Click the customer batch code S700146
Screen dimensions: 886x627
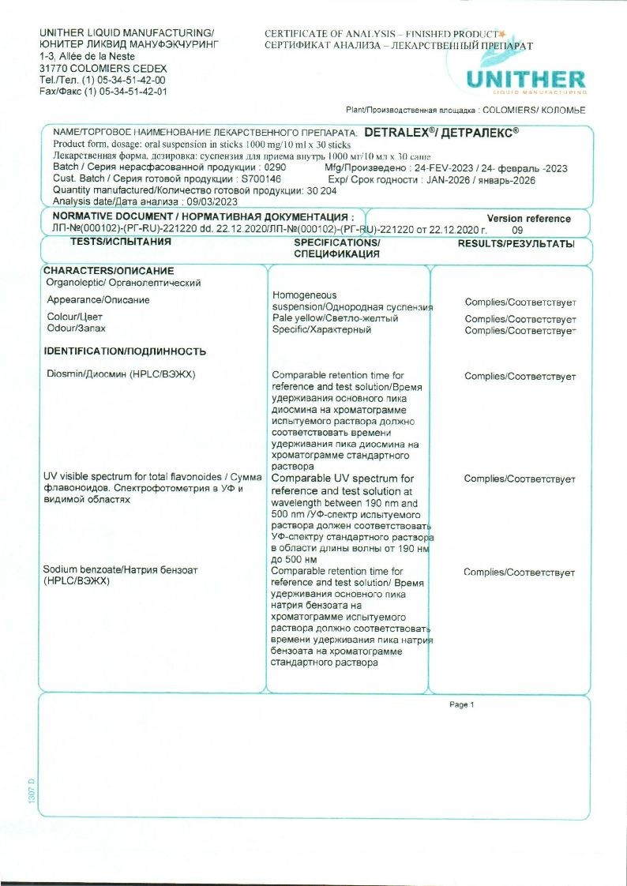[x=261, y=179]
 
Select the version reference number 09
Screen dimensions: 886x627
[x=517, y=230]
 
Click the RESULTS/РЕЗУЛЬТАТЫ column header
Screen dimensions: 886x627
[x=516, y=244]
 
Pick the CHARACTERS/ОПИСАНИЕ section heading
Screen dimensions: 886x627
[x=107, y=271]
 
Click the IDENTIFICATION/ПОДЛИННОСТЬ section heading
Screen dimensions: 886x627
[x=125, y=351]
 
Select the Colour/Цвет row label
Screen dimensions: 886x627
[x=70, y=317]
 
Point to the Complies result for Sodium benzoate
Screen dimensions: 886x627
[x=519, y=573]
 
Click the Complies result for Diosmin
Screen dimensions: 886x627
[x=520, y=377]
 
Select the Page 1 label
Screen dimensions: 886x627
[x=461, y=704]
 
